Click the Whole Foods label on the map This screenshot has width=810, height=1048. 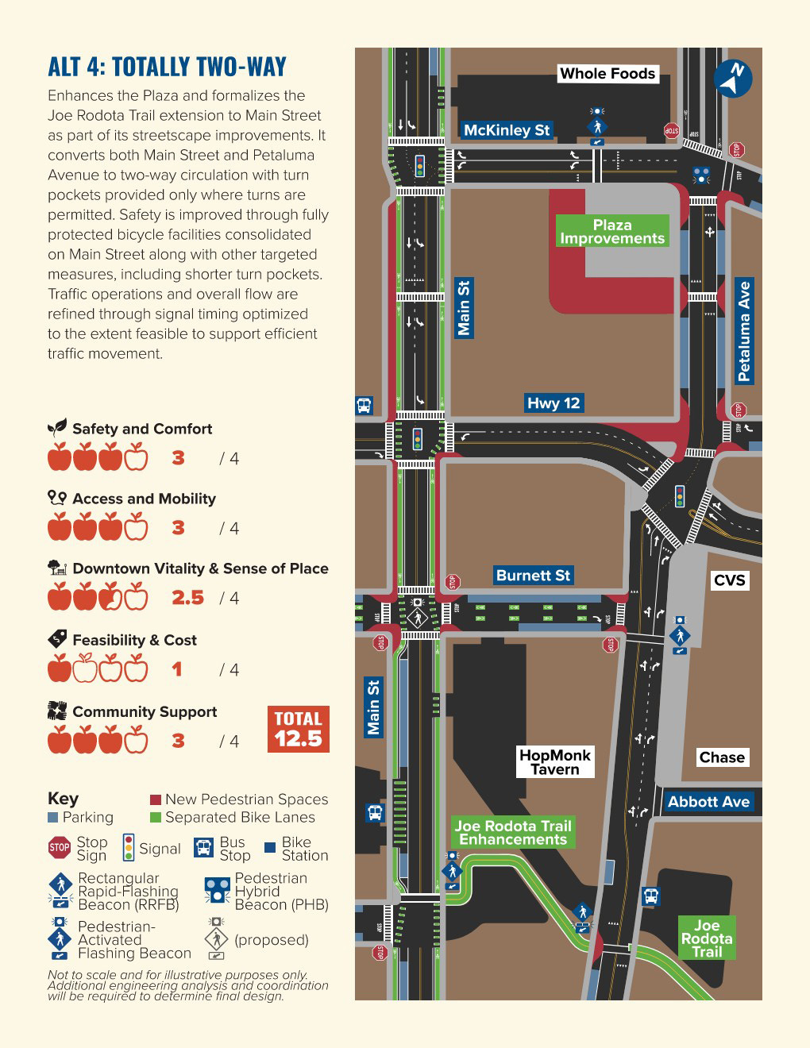coord(607,74)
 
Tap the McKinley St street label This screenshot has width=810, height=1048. coord(507,130)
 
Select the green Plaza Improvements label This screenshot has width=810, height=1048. coord(612,231)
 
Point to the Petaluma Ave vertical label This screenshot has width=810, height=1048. coord(744,331)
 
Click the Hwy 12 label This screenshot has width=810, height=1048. coord(553,403)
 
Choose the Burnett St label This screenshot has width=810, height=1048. coord(533,576)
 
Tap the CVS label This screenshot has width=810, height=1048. coord(729,580)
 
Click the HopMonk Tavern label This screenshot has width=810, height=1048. coord(555,762)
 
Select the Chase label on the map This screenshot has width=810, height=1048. coord(722,757)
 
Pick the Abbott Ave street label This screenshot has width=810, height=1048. coord(708,802)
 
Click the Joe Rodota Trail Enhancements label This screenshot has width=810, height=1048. coord(513,833)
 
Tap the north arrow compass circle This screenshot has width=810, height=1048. coord(733,79)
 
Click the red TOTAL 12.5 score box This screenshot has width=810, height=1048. coord(299,729)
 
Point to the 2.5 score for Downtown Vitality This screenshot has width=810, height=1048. coord(188,598)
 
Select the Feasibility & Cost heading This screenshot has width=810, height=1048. coord(134,640)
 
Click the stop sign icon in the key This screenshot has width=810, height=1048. coord(60,848)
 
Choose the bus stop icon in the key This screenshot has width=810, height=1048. coord(204,848)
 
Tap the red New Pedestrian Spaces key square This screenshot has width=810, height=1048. coord(156,799)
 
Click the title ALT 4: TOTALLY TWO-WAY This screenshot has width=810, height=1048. coord(168,67)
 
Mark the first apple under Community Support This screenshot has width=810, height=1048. coord(60,740)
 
